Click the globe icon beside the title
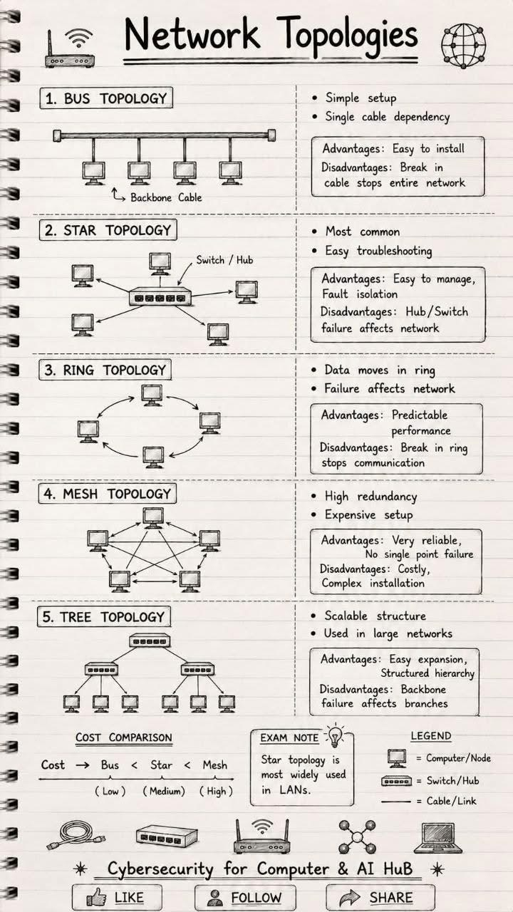(463, 46)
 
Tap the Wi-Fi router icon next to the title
(70, 48)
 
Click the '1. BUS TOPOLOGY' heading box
(106, 98)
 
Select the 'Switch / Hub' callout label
(224, 260)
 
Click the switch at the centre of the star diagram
(160, 296)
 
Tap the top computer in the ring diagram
(152, 395)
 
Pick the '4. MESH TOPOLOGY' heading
(107, 494)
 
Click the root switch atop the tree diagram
(150, 641)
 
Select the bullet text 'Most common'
(363, 232)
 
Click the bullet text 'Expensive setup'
(368, 515)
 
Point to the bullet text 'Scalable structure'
(375, 616)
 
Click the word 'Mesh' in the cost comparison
(215, 765)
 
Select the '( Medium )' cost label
(164, 791)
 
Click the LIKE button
(117, 897)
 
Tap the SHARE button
(380, 897)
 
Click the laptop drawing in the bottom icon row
(438, 837)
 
